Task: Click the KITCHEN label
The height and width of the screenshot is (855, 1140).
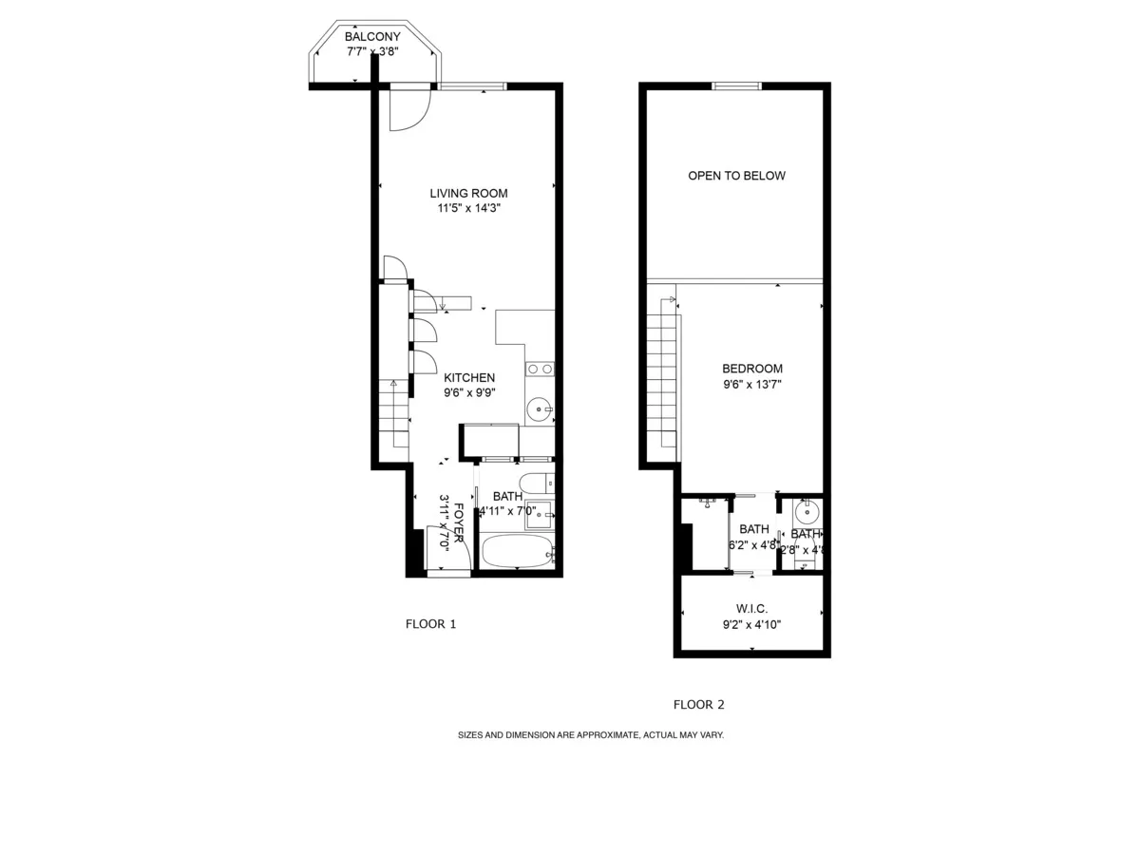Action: pyautogui.click(x=469, y=377)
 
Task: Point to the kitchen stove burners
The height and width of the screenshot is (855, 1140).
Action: pyautogui.click(x=540, y=369)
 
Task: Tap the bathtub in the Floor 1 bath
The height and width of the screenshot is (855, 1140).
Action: pyautogui.click(x=517, y=550)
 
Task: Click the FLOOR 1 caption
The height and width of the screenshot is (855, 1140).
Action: pyautogui.click(x=431, y=624)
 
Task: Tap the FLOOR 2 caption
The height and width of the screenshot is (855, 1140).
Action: pyautogui.click(x=699, y=705)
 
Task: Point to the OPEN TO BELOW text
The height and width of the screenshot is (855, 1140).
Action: pyautogui.click(x=737, y=176)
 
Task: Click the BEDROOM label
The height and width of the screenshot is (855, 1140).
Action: pyautogui.click(x=752, y=369)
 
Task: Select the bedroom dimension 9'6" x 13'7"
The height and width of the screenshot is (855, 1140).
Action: pyautogui.click(x=752, y=385)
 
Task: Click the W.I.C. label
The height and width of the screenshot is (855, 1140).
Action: pyautogui.click(x=751, y=608)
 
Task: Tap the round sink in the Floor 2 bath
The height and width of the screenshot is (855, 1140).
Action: pyautogui.click(x=807, y=513)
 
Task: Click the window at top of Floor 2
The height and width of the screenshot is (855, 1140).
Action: pyautogui.click(x=737, y=86)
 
